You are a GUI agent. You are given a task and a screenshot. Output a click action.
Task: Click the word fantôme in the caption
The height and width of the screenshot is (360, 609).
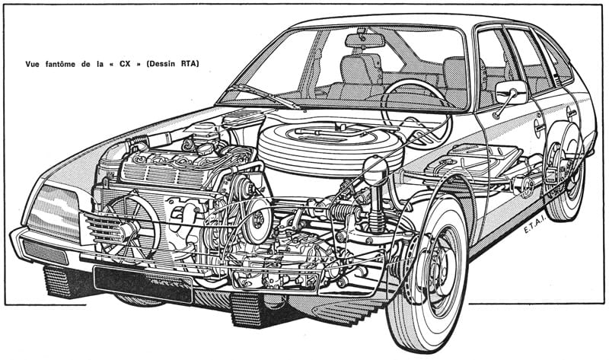click(x=60, y=64)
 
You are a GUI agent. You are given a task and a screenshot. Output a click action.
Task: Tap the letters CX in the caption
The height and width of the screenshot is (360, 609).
click(x=125, y=64)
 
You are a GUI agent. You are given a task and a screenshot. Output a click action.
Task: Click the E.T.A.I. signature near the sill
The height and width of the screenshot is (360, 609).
click(x=535, y=224)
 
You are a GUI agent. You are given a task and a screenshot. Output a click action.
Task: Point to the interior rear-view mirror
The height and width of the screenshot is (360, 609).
click(x=365, y=40)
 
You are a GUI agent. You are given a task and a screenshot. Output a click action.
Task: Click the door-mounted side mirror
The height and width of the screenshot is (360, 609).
click(x=511, y=92)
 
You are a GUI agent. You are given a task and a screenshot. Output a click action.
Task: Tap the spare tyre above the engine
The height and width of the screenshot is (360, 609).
click(x=331, y=143)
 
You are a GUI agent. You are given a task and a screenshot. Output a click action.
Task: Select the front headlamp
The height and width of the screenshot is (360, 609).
click(x=54, y=212)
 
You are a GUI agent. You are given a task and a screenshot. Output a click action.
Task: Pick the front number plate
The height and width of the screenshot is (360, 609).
click(x=143, y=283)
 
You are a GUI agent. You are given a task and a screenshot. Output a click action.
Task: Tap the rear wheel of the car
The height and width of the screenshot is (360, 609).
click(x=564, y=172)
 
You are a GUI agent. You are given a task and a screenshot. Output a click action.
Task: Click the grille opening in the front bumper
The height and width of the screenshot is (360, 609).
click(x=46, y=252)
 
